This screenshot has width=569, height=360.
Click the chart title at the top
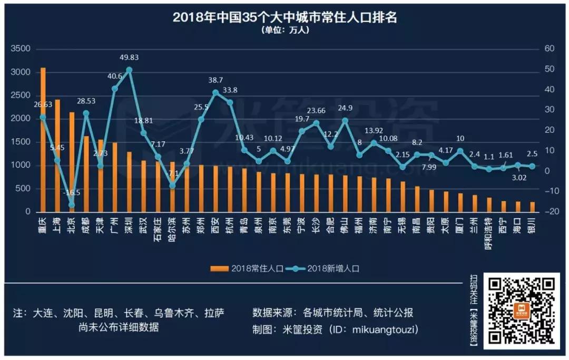(284, 17)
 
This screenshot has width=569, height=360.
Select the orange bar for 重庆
(43, 140)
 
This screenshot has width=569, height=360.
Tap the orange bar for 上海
(57, 155)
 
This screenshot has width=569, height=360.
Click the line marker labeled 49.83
(129, 70)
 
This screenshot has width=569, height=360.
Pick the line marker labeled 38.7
(215, 92)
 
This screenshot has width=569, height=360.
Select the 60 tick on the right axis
(550, 48)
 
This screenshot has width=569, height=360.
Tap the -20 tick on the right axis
(551, 212)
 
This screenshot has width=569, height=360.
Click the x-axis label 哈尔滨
(172, 228)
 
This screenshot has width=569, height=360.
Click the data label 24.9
(345, 108)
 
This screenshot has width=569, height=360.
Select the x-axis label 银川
(532, 223)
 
